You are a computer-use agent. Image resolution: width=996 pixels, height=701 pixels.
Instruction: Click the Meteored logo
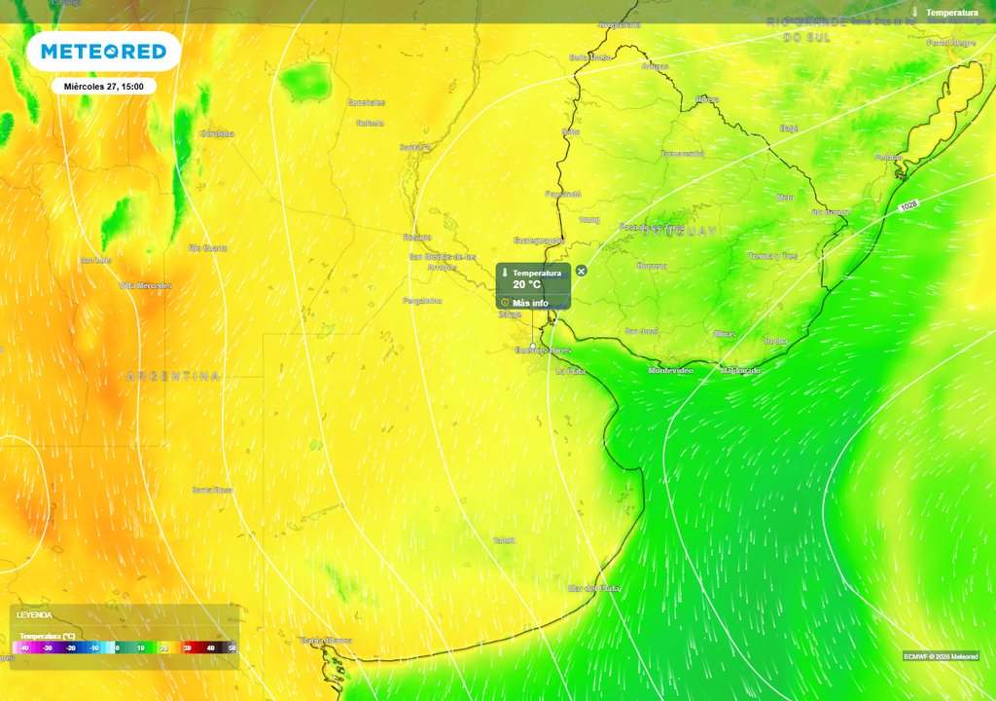tap(103, 52)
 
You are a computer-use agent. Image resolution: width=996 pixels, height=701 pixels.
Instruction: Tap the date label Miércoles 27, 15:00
tap(104, 87)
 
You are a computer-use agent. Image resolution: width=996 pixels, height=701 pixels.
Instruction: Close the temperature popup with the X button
tap(581, 271)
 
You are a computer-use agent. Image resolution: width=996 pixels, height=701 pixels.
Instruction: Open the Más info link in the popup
tap(530, 303)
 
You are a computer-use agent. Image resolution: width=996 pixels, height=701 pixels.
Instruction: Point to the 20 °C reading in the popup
tap(526, 285)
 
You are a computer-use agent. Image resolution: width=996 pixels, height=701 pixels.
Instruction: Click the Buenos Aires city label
tap(543, 350)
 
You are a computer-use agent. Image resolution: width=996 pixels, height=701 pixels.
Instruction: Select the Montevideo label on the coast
tap(671, 371)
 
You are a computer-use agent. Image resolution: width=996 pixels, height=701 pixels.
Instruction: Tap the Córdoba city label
tap(218, 133)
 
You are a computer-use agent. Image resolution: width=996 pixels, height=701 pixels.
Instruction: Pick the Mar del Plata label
tap(593, 588)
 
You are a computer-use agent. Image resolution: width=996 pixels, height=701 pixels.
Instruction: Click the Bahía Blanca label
tap(326, 641)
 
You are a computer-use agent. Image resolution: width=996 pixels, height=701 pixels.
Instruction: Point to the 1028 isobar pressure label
tap(908, 205)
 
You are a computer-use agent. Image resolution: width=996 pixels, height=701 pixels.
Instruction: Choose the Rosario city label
tap(417, 237)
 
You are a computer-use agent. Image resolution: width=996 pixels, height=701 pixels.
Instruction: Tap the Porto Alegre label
tap(950, 43)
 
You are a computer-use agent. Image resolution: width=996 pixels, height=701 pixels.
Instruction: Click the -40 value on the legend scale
tap(23, 647)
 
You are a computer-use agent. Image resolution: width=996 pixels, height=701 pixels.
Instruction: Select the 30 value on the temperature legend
tap(187, 647)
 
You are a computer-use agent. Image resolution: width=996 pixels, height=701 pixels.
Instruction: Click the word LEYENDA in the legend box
tap(34, 615)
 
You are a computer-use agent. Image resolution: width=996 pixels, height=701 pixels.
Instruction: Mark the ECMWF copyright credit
tap(940, 656)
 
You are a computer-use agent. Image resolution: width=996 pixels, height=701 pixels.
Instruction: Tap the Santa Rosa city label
tap(212, 490)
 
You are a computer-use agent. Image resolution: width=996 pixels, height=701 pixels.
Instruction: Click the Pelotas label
tap(888, 157)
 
